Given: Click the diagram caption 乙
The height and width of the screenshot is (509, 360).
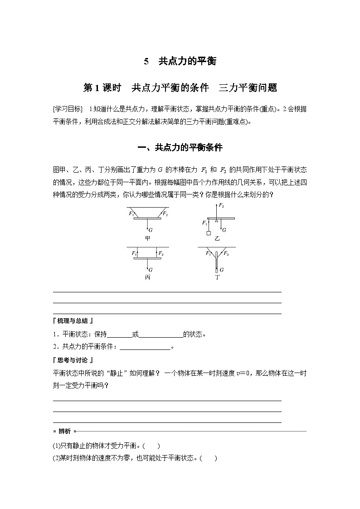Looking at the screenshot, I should click(218, 238).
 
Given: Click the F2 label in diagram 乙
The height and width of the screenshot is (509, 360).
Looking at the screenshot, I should click(221, 205).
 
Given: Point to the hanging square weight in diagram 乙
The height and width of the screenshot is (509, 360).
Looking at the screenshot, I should click(208, 233).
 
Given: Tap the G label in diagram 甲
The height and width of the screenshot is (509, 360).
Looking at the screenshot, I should click(150, 230).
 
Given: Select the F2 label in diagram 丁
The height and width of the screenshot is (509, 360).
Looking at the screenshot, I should click(226, 253).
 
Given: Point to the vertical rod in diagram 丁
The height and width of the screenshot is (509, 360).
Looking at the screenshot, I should click(217, 261).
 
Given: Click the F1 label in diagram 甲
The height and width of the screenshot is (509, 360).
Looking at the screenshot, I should click(131, 213).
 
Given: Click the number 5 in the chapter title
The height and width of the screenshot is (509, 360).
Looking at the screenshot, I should click(146, 61).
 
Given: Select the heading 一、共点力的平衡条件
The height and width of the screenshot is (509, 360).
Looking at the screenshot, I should click(180, 148).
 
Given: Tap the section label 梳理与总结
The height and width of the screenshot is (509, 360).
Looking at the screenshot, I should click(73, 321).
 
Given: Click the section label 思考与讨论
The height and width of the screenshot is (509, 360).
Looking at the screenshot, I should click(73, 360).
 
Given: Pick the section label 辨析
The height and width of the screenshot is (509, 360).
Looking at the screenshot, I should click(64, 431).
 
